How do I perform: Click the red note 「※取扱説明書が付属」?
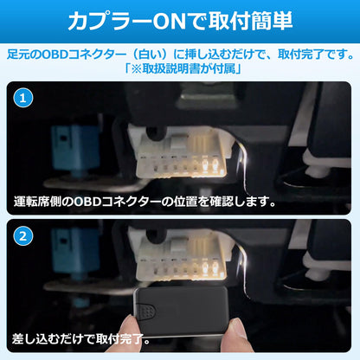(179, 69)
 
